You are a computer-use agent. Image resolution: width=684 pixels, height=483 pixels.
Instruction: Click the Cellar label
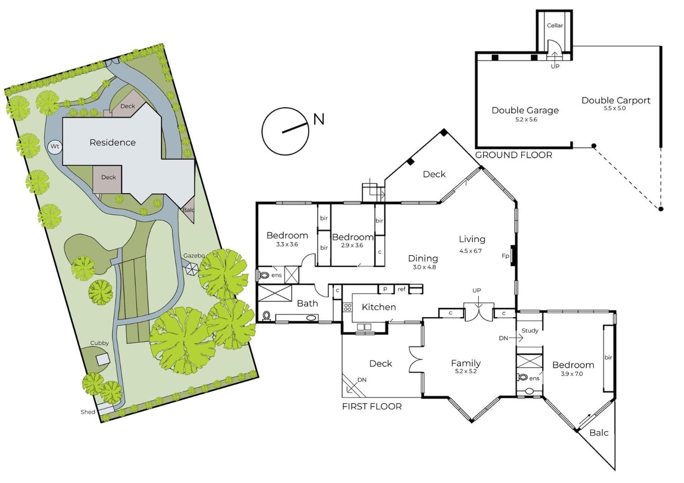click(x=555, y=25)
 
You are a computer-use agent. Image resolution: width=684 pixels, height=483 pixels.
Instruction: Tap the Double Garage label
click(x=525, y=110)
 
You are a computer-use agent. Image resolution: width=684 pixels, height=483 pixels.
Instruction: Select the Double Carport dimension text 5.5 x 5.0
click(x=615, y=108)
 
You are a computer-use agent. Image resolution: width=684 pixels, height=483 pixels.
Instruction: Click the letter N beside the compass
click(x=319, y=119)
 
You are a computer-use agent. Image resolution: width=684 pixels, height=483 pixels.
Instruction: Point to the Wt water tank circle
click(x=55, y=147)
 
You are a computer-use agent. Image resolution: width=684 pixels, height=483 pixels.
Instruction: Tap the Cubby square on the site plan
click(x=103, y=359)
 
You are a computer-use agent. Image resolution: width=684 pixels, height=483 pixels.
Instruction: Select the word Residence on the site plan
click(x=113, y=142)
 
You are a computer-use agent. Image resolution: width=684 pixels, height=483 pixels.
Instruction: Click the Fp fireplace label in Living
click(x=505, y=256)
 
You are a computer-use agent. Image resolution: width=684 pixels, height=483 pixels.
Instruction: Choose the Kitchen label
click(x=379, y=307)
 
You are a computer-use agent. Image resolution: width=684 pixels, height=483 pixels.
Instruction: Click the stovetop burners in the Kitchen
click(x=348, y=307)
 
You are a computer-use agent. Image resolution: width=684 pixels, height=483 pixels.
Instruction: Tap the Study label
click(x=530, y=331)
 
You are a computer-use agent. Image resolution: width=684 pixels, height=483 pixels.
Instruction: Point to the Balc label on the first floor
click(x=599, y=433)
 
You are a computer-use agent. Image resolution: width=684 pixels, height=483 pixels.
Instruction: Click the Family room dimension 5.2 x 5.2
click(x=466, y=371)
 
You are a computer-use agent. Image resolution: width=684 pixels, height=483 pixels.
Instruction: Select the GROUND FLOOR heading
click(x=514, y=155)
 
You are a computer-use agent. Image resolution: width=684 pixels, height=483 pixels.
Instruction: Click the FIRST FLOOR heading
click(x=372, y=406)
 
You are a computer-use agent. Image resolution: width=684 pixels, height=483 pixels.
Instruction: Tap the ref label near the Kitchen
click(x=401, y=289)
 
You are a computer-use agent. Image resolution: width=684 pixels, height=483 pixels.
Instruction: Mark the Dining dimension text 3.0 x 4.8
click(x=424, y=267)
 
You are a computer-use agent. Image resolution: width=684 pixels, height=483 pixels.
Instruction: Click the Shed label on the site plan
click(x=88, y=412)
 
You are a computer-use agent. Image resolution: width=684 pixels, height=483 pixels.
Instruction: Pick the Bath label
click(x=307, y=303)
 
